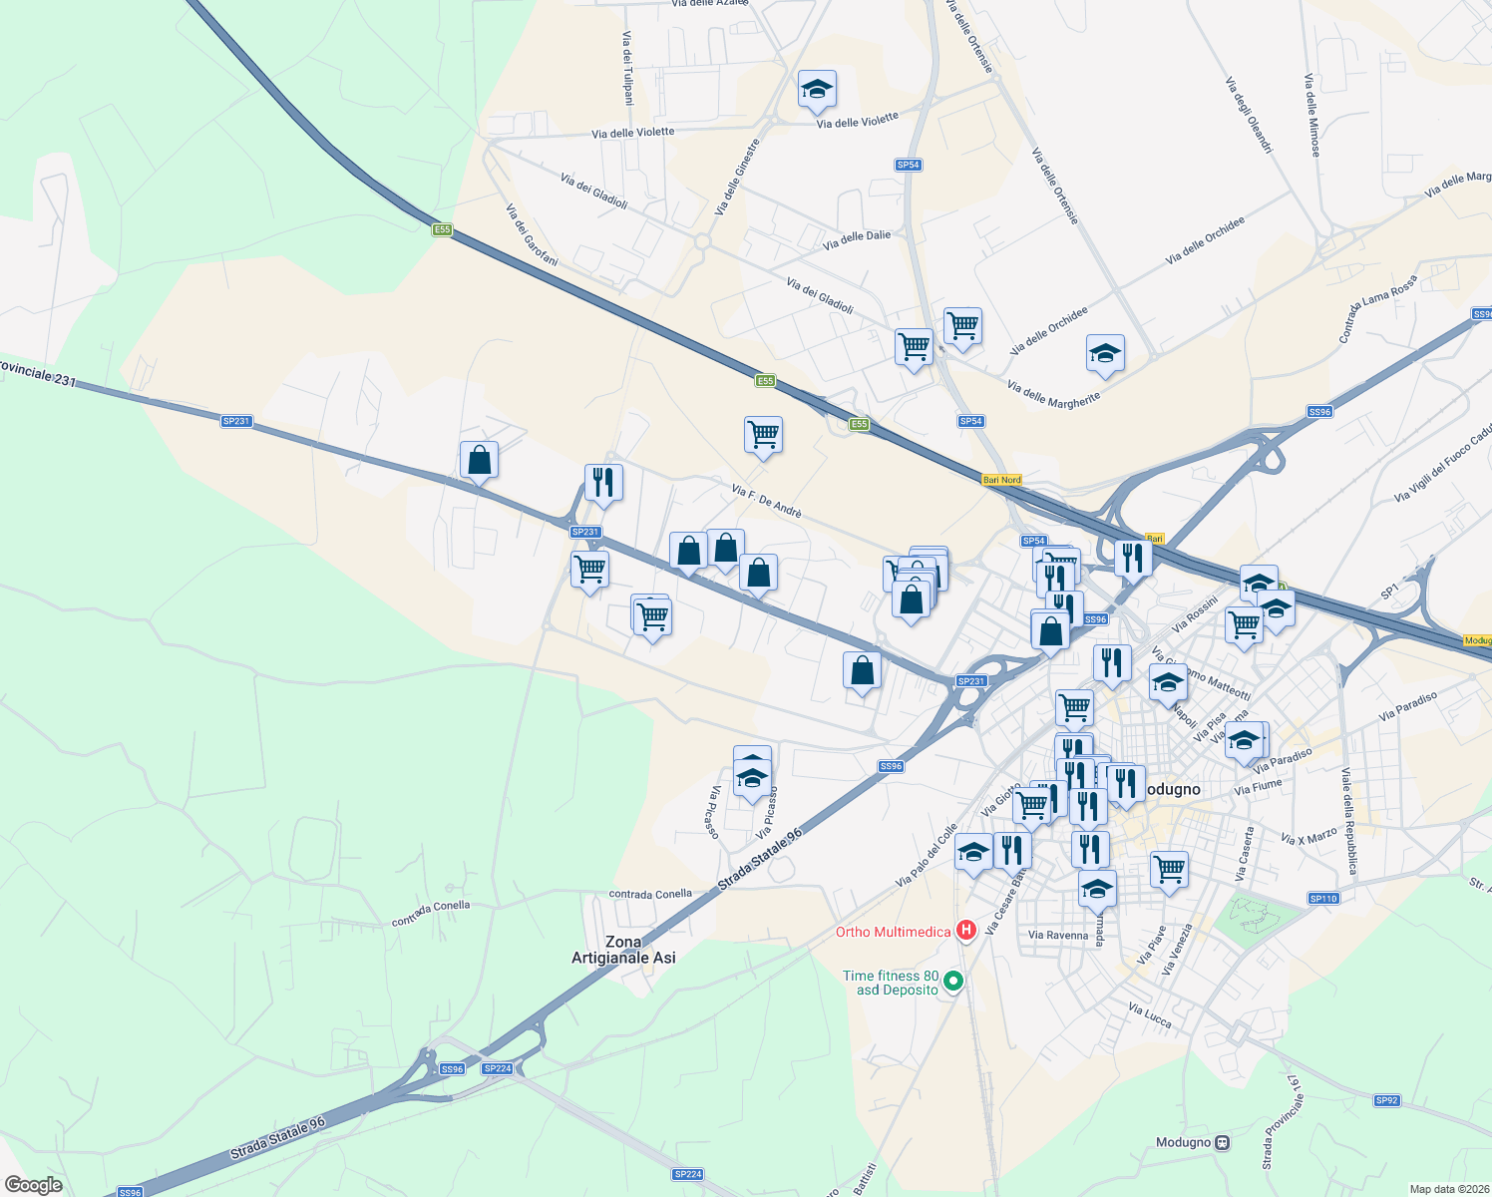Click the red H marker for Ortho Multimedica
(965, 931)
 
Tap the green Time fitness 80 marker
(953, 982)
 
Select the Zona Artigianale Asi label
(623, 950)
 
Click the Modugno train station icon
(1223, 1143)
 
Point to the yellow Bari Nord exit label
(1001, 480)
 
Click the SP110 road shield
(1323, 899)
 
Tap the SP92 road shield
(1386, 1101)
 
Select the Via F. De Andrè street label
(766, 501)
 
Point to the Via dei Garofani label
(531, 235)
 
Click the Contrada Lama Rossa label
(1377, 309)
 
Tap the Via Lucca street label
(1150, 1015)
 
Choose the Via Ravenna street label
(1058, 936)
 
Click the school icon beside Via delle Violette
(817, 91)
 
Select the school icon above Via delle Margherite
(1104, 354)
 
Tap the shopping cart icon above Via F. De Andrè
(763, 435)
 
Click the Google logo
(33, 1185)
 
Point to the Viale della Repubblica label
(1348, 821)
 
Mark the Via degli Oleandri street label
(1249, 115)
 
